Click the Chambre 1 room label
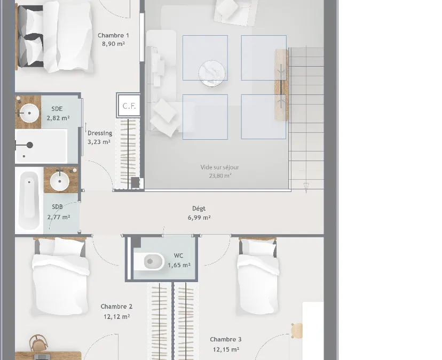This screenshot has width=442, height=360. [113, 36]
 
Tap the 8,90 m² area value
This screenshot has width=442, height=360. [113, 44]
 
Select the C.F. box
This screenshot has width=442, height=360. [129, 106]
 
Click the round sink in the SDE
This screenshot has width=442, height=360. [29, 113]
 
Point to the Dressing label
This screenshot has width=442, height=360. [100, 133]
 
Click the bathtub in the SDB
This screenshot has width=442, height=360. [29, 201]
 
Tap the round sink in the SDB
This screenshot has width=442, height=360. [59, 181]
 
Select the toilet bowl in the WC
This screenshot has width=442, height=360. [149, 262]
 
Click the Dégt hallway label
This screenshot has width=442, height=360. [199, 209]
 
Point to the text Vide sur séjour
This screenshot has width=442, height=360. [219, 167]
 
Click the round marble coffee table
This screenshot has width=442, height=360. [212, 73]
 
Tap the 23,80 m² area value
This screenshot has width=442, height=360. [220, 176]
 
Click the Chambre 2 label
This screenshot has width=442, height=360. [116, 307]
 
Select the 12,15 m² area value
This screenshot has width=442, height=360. [226, 349]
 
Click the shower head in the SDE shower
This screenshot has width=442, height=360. [29, 145]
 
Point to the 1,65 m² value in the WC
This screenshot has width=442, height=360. [179, 265]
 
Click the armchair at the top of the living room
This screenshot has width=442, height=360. [235, 12]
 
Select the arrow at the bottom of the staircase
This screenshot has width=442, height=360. [306, 188]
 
